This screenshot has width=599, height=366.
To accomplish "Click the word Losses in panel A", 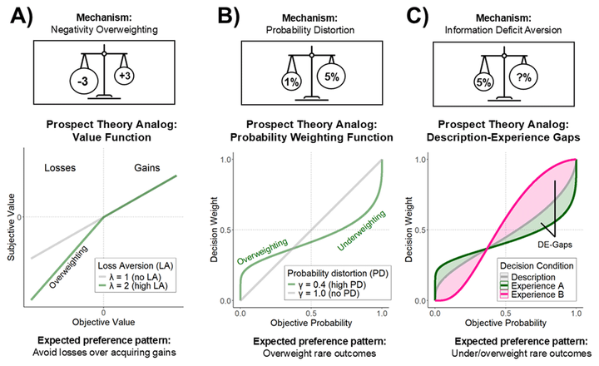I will click(x=51, y=169).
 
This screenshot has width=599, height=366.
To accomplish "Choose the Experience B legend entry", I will click(x=542, y=296).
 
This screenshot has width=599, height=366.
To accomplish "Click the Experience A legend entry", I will click(x=542, y=285).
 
